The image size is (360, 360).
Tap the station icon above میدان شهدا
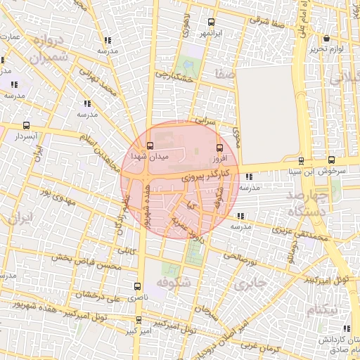click(138, 146)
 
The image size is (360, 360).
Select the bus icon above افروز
click(219, 148)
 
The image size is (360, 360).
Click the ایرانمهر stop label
click(209, 33)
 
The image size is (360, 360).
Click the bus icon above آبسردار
click(27, 124)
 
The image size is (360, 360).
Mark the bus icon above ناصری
click(137, 286)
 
